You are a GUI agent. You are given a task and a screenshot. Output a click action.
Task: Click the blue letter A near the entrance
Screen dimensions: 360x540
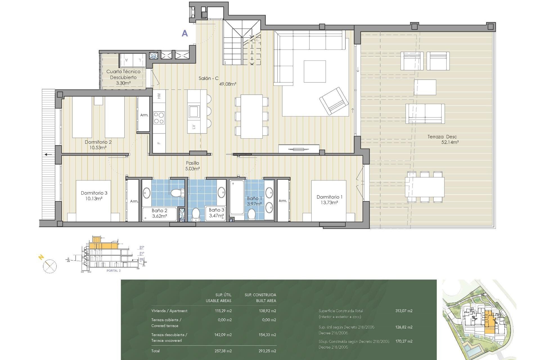click(184, 33)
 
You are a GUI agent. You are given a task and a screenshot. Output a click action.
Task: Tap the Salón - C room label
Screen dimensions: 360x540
click(208, 78)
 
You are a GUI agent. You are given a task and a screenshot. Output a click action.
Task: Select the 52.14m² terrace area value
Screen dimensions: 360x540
click(450, 142)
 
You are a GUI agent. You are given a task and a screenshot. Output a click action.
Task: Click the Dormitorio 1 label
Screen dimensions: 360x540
click(329, 197)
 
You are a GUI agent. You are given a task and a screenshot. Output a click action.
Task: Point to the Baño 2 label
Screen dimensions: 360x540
click(159, 211)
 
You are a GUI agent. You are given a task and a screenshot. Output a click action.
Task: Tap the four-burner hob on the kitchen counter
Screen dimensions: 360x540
click(159, 118)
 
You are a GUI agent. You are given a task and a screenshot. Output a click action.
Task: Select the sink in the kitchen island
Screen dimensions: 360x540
click(194, 111)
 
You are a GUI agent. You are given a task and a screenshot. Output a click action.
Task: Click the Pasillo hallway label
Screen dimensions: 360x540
click(192, 163)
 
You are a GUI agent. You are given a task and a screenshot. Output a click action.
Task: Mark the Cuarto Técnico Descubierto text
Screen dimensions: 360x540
click(123, 75)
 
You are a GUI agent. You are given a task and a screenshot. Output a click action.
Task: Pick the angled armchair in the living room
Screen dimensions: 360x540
click(334, 101)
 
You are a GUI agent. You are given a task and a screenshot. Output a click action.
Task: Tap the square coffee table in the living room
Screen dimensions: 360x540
click(314, 71)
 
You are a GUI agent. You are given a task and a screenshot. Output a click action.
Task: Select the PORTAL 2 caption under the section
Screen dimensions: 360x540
click(113, 271)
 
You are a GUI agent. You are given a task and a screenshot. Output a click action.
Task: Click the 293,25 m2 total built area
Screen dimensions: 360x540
click(267, 351)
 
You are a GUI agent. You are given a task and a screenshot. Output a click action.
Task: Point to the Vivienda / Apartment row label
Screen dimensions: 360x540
click(169, 311)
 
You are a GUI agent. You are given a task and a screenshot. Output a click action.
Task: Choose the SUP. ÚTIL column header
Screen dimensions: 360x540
click(223, 295)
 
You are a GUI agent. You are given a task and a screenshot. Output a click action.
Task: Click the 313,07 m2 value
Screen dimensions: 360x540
click(404, 311)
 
